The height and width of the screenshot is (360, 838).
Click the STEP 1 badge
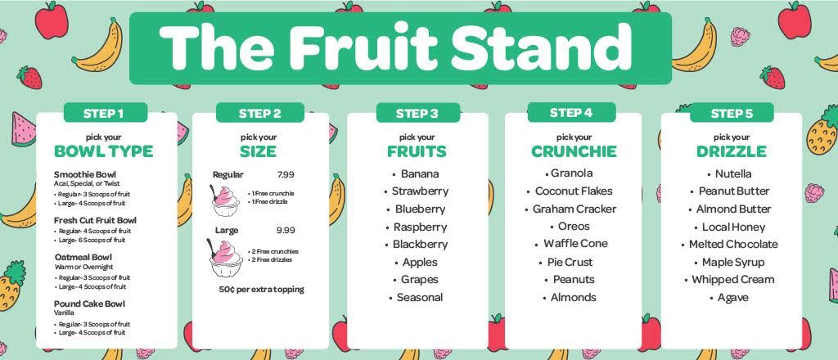(105, 113)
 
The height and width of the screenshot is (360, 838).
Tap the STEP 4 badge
(571, 113)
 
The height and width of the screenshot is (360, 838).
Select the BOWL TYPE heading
(104, 151)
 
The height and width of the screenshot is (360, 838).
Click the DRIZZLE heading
(731, 151)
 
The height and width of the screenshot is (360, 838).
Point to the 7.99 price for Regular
(286, 174)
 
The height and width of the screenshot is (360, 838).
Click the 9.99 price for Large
(286, 230)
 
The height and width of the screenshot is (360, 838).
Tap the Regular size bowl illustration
(225, 200)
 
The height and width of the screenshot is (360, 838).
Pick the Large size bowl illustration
(224, 258)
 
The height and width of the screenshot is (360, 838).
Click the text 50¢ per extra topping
(261, 290)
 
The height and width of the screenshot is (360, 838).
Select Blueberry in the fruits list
(420, 209)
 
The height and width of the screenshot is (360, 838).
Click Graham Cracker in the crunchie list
(574, 209)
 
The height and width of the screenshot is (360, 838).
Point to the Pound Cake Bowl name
(90, 304)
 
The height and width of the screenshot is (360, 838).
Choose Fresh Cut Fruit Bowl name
(95, 221)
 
